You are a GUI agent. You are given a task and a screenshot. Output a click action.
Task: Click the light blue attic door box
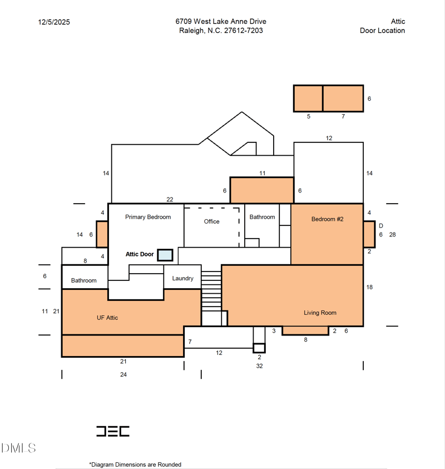[165, 255]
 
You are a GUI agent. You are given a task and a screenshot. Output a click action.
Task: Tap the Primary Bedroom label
[148, 217]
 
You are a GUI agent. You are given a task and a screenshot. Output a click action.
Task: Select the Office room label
[212, 221]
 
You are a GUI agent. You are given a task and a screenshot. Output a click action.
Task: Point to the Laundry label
[182, 278]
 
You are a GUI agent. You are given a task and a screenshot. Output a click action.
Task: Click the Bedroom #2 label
[328, 219]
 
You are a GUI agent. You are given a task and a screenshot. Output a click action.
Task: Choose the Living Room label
[320, 313]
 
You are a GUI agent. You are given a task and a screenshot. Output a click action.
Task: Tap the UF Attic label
[107, 318]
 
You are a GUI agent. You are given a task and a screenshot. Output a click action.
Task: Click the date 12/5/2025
[54, 22]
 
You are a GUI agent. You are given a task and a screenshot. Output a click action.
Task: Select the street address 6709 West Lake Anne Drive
[221, 22]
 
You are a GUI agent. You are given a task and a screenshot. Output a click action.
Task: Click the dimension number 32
[259, 366]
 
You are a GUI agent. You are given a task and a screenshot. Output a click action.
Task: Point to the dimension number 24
[123, 374]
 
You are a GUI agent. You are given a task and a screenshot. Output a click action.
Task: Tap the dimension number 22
[170, 200]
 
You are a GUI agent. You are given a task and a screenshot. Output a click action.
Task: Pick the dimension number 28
[392, 235]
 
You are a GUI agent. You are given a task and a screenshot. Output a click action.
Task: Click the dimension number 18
[369, 287]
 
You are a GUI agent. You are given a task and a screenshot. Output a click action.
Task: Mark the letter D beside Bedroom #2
[380, 226]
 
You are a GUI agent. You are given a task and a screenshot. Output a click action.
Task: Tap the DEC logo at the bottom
[113, 431]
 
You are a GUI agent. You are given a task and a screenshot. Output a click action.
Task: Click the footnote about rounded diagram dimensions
[135, 465]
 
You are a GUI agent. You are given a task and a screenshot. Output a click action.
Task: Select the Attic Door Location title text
[382, 26]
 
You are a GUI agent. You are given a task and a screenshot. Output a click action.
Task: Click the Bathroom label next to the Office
[263, 217]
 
